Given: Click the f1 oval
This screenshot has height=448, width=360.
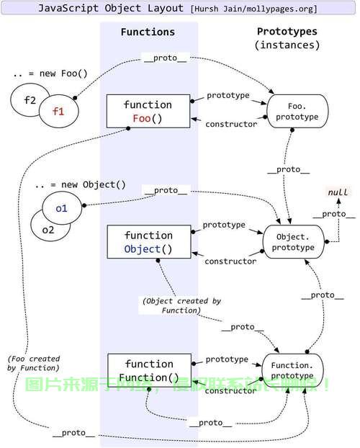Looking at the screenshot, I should tap(60, 112).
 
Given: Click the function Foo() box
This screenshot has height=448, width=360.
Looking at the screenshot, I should tap(148, 111).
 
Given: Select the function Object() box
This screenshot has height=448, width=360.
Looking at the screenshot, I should tap(148, 243).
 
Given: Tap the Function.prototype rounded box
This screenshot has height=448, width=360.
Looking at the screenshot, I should tap(292, 369).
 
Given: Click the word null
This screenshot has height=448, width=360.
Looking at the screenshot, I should tap(338, 193).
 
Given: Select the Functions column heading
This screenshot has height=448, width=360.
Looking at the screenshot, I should tap(148, 32).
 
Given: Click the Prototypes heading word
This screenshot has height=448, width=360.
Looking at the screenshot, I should tap(287, 32).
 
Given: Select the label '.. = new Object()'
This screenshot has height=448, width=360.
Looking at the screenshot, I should tap(80, 184).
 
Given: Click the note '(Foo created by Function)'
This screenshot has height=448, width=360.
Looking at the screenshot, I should tap(34, 363).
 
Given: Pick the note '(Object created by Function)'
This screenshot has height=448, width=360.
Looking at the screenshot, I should tap(181, 305).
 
